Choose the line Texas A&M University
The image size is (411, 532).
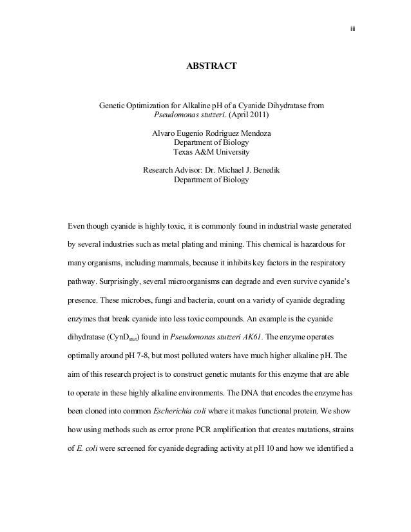pyautogui.click(x=211, y=153)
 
